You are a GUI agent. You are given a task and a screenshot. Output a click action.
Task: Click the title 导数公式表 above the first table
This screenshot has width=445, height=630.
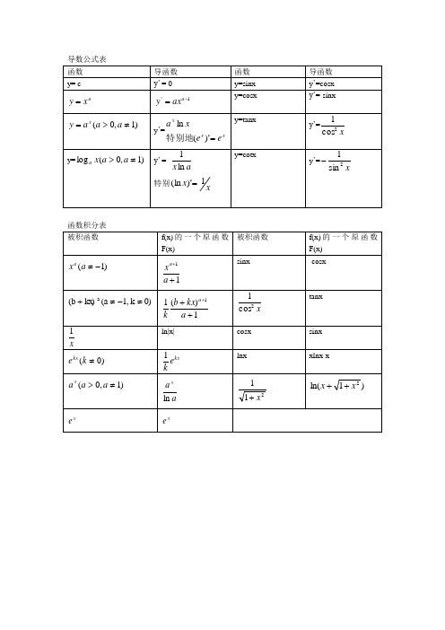(87, 59)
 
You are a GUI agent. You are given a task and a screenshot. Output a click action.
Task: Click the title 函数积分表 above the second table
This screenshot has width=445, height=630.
(87, 224)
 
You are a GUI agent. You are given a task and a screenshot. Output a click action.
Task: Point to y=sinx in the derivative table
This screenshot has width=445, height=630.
(245, 83)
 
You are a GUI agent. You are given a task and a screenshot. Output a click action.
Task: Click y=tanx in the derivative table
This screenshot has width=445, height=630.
(245, 120)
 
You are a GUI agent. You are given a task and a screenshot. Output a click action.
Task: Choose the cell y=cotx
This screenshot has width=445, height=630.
(245, 155)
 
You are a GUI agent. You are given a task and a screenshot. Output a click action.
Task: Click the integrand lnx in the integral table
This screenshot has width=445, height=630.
(241, 357)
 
